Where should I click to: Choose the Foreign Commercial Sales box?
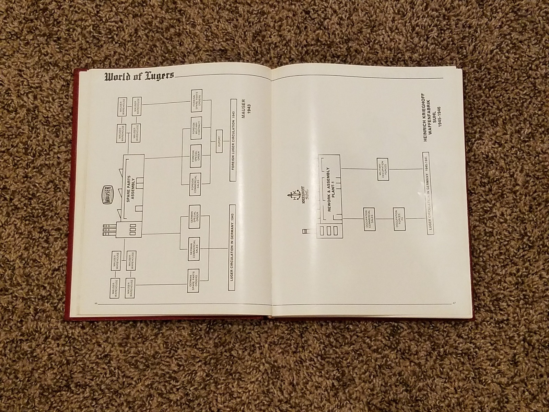click(x=196, y=184)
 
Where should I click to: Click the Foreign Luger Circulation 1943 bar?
click(x=233, y=140)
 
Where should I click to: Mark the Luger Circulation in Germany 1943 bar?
click(x=233, y=247)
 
